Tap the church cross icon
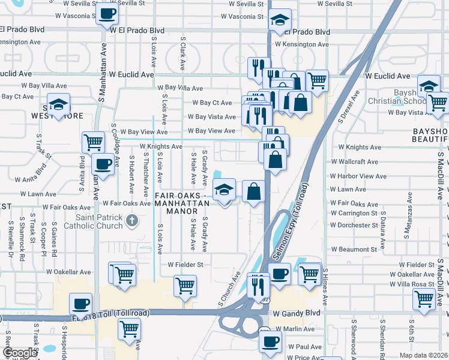click(133, 221)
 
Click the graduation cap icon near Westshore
click(59, 105)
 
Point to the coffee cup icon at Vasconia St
click(107, 14)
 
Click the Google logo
click(19, 353)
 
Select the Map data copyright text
click(424, 355)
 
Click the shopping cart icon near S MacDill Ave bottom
click(424, 298)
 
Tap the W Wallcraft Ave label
click(354, 162)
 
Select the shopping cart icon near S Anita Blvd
click(93, 142)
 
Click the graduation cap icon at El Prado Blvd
click(280, 20)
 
